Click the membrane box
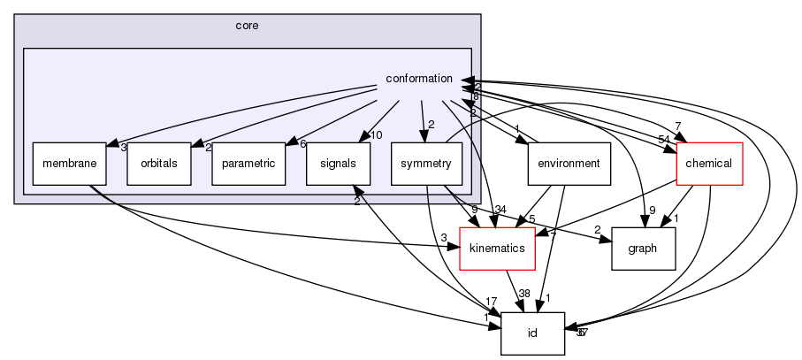pyautogui.click(x=64, y=163)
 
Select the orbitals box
pyautogui.click(x=159, y=163)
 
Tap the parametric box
pyautogui.click(x=247, y=163)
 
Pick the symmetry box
pyautogui.click(x=425, y=163)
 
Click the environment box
pyautogui.click(x=569, y=163)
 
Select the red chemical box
pyautogui.click(x=709, y=163)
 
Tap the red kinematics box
pyautogui.click(x=497, y=248)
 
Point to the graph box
pyautogui.click(x=642, y=248)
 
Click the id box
pyautogui.click(x=533, y=333)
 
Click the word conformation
pyautogui.click(x=419, y=80)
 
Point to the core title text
pyautogui.click(x=247, y=26)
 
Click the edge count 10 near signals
pyautogui.click(x=376, y=134)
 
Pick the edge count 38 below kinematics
pyautogui.click(x=523, y=293)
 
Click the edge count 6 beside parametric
pyautogui.click(x=302, y=144)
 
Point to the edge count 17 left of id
pyautogui.click(x=491, y=303)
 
